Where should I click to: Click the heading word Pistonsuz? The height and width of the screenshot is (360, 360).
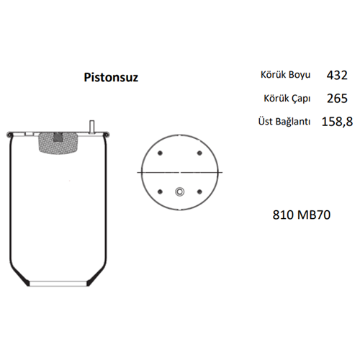click(111, 78)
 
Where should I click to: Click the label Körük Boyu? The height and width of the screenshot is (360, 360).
click(285, 75)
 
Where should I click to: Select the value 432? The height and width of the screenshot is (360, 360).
click(337, 75)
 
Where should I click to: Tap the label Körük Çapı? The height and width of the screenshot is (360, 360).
click(287, 99)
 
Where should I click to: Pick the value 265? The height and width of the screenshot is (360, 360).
click(337, 99)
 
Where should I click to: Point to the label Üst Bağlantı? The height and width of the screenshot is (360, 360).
click(284, 122)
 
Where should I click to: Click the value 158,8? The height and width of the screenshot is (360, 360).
click(337, 122)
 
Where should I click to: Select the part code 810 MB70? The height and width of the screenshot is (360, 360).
click(302, 215)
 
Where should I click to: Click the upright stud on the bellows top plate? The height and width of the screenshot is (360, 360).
click(91, 127)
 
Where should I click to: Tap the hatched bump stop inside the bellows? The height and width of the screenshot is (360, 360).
click(58, 143)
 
